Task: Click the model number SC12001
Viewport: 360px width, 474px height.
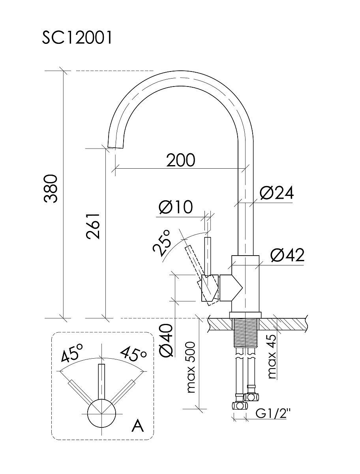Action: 77,38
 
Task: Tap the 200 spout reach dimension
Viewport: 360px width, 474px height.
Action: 180,160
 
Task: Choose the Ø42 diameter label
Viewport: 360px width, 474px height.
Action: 287,256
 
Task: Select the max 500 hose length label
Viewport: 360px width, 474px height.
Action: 191,367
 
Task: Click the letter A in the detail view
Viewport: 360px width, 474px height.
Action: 138,426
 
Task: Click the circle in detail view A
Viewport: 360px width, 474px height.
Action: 102,413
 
